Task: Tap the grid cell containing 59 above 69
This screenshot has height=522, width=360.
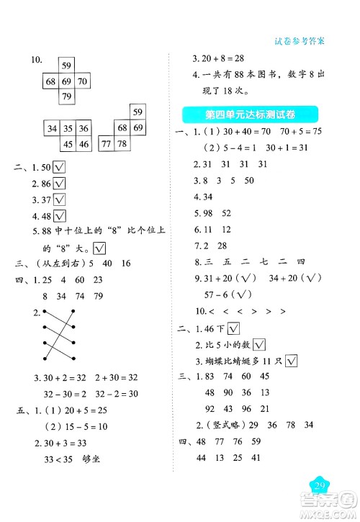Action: (66, 66)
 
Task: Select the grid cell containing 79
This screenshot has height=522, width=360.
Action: (66, 96)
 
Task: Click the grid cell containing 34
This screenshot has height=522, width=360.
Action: (51, 129)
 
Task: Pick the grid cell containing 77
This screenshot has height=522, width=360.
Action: (106, 143)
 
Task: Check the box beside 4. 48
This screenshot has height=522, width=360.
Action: (60, 215)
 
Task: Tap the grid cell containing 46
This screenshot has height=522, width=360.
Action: (85, 144)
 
